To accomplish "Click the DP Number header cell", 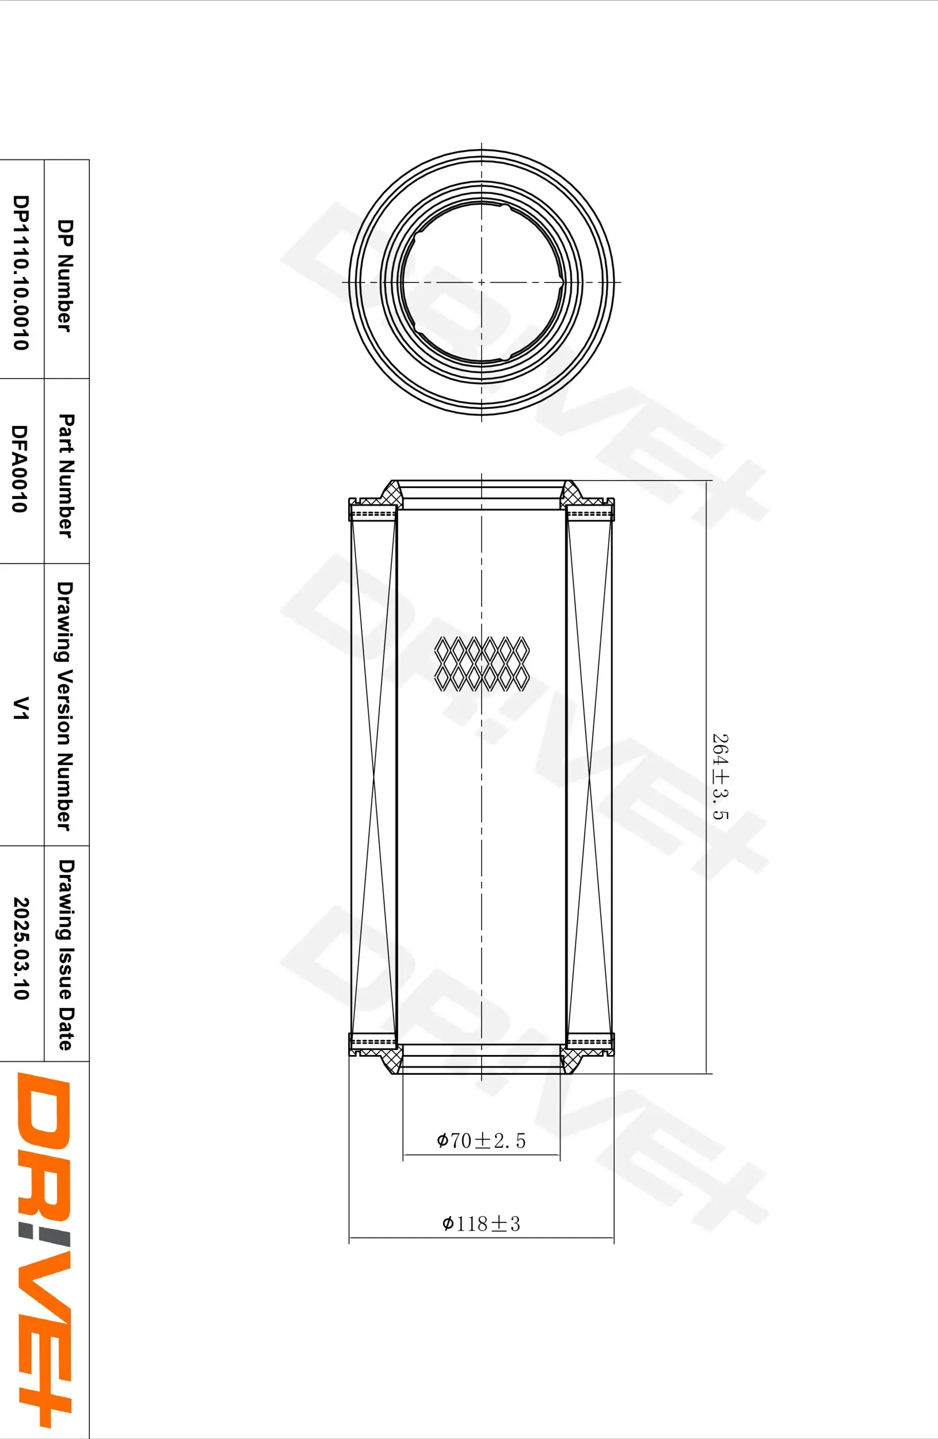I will click(x=65, y=275).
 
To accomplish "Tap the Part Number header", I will click(x=65, y=475).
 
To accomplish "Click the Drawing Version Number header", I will click(x=65, y=706).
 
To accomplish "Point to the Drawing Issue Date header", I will click(x=65, y=955).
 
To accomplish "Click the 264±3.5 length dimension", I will click(x=720, y=776).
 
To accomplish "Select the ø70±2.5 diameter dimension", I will click(x=481, y=1141).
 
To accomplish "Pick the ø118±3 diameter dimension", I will click(x=481, y=1224).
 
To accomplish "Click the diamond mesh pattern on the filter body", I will click(x=482, y=663).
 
